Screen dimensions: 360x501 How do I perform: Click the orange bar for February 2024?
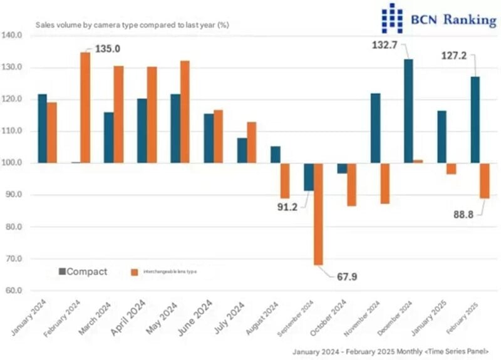pyautogui.click(x=85, y=107)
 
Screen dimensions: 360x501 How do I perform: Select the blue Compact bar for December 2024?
pyautogui.click(x=408, y=111)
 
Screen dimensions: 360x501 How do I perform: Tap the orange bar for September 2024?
pyautogui.click(x=319, y=213)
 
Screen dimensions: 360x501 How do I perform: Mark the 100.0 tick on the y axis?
pyautogui.click(x=13, y=163)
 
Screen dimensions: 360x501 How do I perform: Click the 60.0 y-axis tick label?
pyautogui.click(x=13, y=291)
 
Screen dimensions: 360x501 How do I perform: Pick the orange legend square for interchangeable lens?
pyautogui.click(x=134, y=272)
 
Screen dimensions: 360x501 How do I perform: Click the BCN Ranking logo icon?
pyautogui.click(x=392, y=18)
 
